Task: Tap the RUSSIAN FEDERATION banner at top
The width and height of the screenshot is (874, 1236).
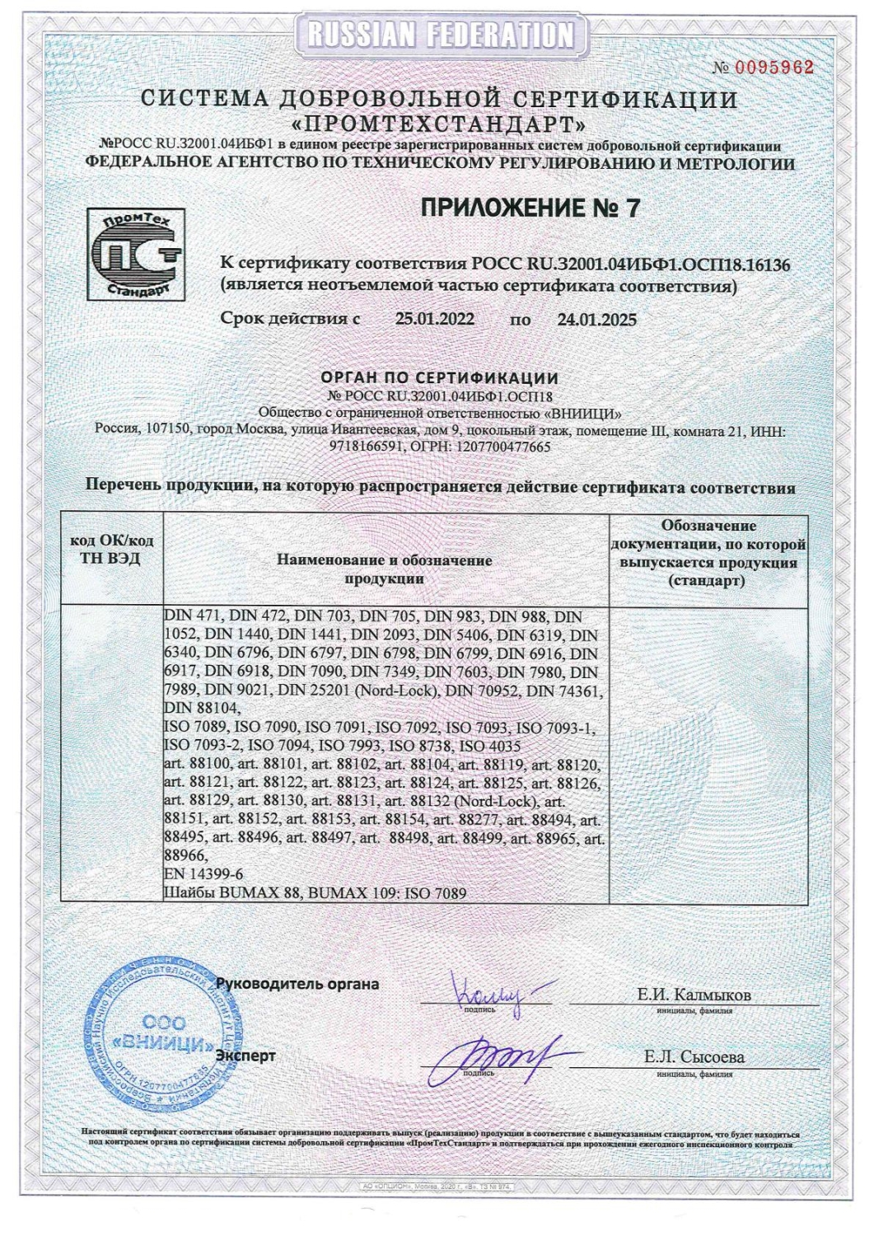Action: [440, 35]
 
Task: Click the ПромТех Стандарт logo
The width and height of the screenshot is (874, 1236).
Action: [136, 255]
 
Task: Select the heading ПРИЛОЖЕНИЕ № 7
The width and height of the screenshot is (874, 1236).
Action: [530, 208]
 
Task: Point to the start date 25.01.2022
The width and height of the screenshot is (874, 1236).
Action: [434, 320]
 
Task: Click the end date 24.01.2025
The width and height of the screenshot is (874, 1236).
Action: [596, 320]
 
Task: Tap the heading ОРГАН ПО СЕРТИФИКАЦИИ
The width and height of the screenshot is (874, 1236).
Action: [439, 378]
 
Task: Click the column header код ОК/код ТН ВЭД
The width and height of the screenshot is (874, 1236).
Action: [112, 550]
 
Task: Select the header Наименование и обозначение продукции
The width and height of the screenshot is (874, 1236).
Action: [384, 569]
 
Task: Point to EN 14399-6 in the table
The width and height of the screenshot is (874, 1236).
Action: [204, 873]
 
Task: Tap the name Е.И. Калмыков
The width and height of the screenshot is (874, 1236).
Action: [694, 995]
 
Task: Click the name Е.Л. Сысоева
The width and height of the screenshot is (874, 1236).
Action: [694, 1057]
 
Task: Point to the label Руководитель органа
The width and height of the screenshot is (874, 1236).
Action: [297, 983]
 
